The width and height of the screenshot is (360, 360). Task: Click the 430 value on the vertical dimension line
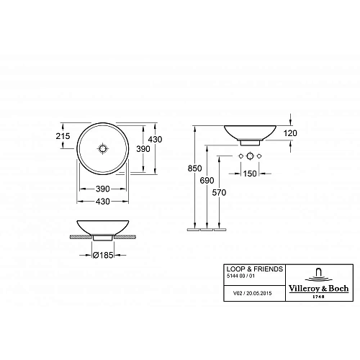[155, 139]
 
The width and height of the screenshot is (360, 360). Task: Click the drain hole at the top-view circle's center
[105, 147]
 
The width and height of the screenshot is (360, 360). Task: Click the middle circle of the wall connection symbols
[250, 156]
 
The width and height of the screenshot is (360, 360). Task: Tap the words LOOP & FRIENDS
[246, 268]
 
